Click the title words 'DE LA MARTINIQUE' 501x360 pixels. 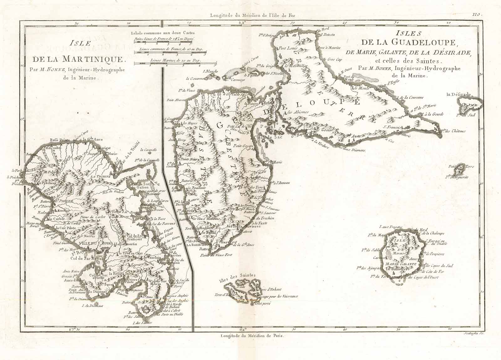pos(80,58)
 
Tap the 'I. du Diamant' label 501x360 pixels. pos(90,306)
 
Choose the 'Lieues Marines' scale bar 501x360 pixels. pos(175,64)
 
